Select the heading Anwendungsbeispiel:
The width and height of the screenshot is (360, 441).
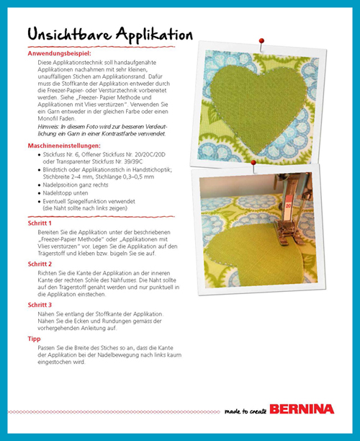pyautogui.click(x=59, y=53)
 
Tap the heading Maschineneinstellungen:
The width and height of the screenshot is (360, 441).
pyautogui.click(x=64, y=146)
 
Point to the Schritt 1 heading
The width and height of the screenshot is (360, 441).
pyautogui.click(x=40, y=223)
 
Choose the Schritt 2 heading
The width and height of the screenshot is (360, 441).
pyautogui.click(x=40, y=264)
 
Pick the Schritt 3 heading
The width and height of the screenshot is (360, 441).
pyautogui.click(x=40, y=305)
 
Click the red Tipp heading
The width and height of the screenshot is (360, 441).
pyautogui.click(x=34, y=339)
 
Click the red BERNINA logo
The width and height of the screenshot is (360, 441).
pyautogui.click(x=302, y=409)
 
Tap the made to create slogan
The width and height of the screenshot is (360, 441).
pyautogui.click(x=246, y=411)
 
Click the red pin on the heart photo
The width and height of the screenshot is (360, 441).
pyautogui.click(x=261, y=41)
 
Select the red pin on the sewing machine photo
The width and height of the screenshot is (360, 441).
pyautogui.click(x=253, y=163)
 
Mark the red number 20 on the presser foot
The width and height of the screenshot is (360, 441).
pyautogui.click(x=288, y=205)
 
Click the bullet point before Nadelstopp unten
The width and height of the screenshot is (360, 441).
pyautogui.click(x=40, y=194)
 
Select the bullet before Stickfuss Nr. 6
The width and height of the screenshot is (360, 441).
pyautogui.click(x=40, y=155)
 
